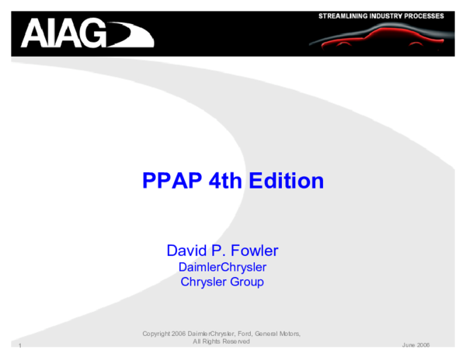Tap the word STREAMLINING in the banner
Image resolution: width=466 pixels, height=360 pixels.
click(x=346, y=16)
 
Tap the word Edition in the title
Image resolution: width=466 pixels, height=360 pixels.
click(x=287, y=181)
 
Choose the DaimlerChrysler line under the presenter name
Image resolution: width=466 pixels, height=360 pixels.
click(x=222, y=267)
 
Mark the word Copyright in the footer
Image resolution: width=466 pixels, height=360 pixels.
click(x=157, y=334)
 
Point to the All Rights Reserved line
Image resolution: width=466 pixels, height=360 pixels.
click(x=221, y=341)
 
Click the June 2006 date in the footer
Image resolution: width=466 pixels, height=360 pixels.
click(x=416, y=344)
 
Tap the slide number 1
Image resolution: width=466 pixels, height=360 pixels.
click(x=18, y=344)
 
